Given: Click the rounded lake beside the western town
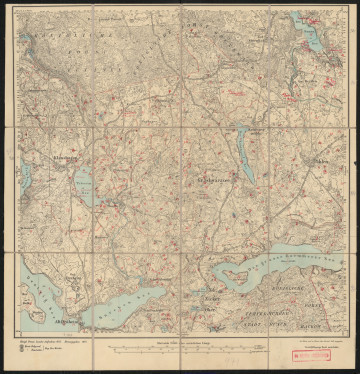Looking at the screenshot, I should pos(83,185).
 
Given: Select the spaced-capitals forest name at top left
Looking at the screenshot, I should pos(60,44).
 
